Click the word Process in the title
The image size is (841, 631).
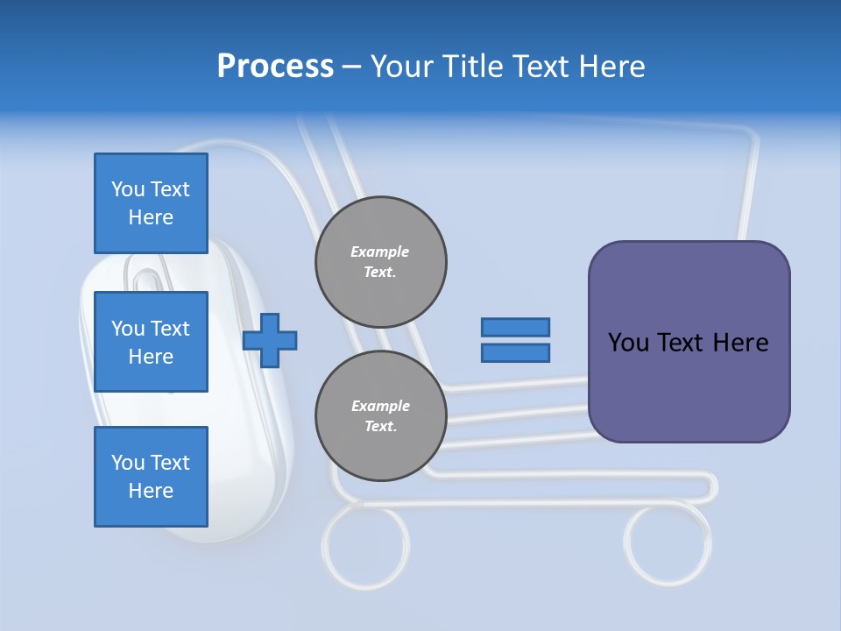pos(275,67)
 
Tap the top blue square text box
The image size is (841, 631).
pos(151,203)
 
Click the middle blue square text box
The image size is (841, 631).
pos(151,342)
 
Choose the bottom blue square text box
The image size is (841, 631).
pos(151,477)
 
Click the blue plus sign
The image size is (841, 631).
pos(270,341)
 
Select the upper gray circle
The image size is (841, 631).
pos(381,262)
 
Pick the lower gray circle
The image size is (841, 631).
pos(381,416)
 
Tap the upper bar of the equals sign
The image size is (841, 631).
pos(515,327)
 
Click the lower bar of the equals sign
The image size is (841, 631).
pos(515,353)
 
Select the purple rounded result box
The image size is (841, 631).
pos(689,342)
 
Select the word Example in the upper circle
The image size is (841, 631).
pos(379,252)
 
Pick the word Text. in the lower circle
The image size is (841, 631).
pos(379,427)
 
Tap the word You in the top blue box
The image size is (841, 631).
pos(127,189)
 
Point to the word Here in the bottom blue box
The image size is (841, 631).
pos(151,491)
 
